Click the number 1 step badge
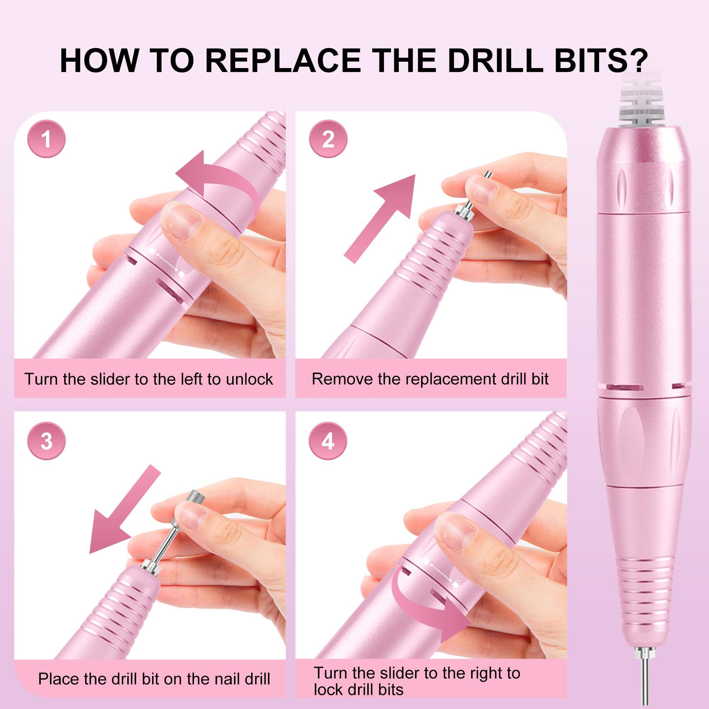[x=46, y=139]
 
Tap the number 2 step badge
[x=328, y=139]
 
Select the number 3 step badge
[x=46, y=441]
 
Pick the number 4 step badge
[x=328, y=441]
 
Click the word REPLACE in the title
[x=283, y=61]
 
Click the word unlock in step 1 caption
[x=249, y=379]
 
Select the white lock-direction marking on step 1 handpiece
[x=167, y=261]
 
